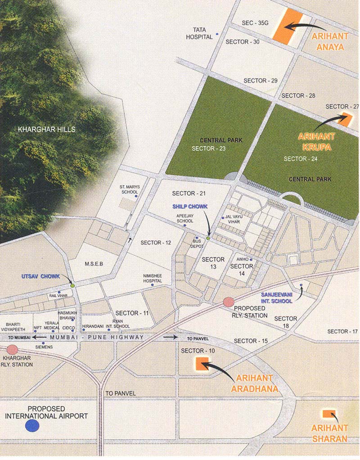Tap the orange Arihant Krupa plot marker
346,118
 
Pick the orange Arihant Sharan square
327,414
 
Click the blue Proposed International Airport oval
32,425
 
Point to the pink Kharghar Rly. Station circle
12,349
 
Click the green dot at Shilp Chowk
208,238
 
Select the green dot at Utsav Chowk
72,285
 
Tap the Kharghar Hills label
47,130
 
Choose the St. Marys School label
129,189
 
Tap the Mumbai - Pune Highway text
97,337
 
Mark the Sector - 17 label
342,331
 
